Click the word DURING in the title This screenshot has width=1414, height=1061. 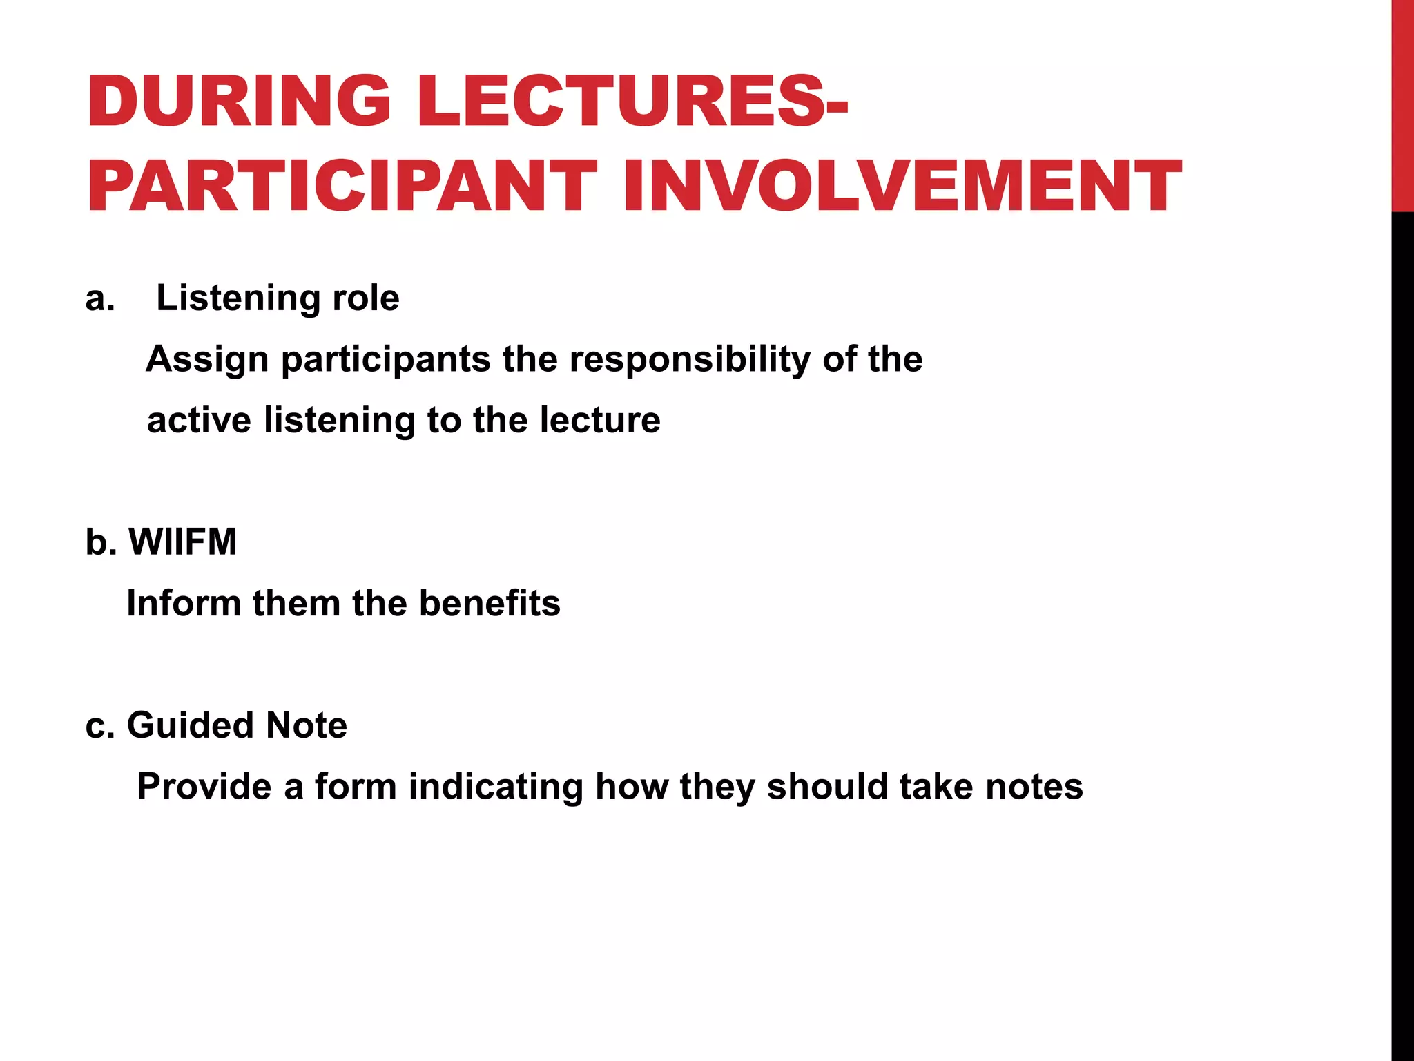pos(239,102)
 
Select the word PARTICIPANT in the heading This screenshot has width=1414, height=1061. pos(342,186)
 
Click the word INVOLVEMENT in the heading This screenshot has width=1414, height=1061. pos(902,186)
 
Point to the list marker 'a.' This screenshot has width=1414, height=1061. pos(100,298)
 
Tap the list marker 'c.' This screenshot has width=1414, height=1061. pos(100,725)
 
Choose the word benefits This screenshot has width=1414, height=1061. pos(490,603)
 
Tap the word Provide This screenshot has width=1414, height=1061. pos(210,787)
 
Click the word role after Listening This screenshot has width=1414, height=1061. pos(365,298)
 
